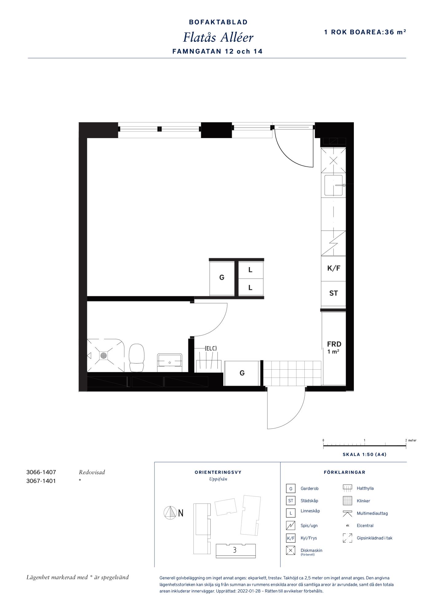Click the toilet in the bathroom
point(137,358)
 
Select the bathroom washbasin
point(170,360)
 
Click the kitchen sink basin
point(333,185)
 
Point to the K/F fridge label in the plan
point(334,268)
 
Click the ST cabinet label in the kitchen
point(334,293)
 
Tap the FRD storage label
point(334,344)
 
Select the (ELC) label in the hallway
point(211,348)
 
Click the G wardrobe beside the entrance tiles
point(242,373)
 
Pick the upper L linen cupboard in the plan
point(251,270)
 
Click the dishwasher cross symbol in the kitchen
point(333,161)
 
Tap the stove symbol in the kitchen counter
point(333,243)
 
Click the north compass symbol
point(170,513)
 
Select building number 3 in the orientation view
point(235,550)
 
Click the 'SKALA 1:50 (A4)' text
point(365,454)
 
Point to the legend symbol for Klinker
point(347,501)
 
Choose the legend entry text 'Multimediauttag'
point(372,513)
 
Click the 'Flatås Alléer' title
point(218,37)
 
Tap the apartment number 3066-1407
point(41,472)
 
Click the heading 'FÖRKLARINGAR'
point(345,472)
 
